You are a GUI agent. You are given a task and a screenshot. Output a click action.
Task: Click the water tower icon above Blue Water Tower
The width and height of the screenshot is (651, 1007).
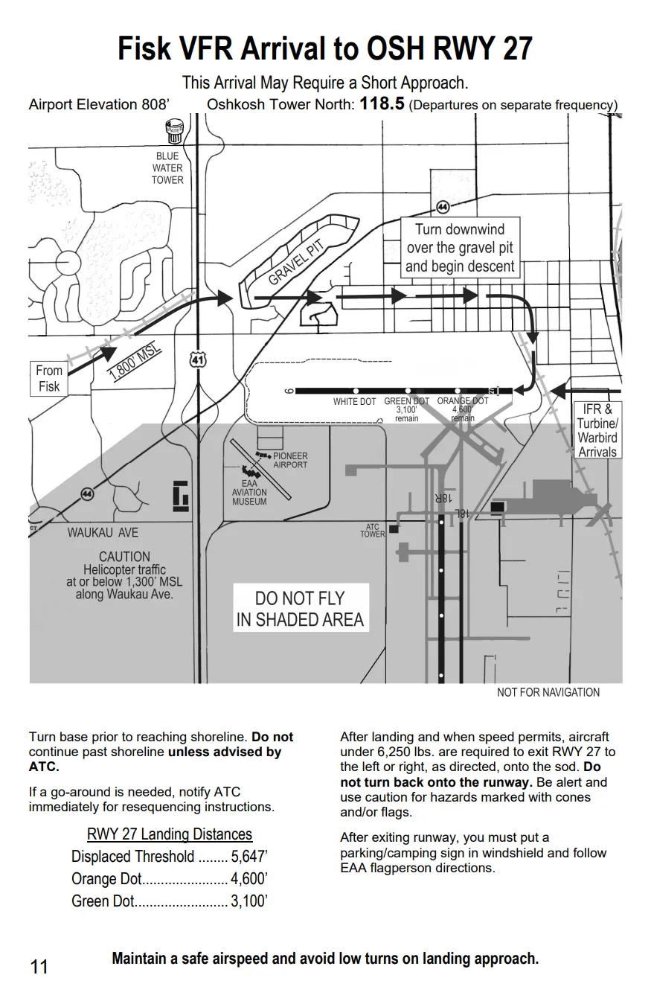(175, 131)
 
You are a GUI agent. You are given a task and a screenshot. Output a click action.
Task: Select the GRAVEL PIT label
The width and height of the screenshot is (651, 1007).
(296, 263)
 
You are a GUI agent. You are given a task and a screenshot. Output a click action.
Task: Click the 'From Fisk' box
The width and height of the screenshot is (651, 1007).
(49, 379)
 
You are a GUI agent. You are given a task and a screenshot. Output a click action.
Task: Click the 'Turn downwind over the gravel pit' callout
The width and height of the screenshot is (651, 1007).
(460, 248)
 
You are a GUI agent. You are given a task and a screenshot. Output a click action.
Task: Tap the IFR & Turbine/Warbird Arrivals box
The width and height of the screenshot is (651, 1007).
(597, 430)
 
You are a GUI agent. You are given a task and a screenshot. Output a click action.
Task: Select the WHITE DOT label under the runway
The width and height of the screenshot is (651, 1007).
(354, 402)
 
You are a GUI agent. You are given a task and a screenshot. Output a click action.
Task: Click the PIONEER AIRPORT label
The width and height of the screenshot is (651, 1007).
(290, 461)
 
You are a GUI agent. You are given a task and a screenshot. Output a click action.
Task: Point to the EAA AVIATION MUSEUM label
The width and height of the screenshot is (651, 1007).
(249, 492)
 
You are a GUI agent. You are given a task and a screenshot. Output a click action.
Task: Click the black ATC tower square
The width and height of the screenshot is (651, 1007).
(394, 529)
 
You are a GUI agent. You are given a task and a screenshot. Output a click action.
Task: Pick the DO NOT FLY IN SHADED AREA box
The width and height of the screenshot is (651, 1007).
(301, 608)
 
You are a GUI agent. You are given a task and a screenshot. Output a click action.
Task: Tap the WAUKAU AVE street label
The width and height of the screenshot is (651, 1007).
(103, 533)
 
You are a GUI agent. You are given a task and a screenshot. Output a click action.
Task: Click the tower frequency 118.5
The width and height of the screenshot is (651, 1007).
(382, 104)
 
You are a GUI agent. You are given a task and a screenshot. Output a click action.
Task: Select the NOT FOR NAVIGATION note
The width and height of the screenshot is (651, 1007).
(548, 692)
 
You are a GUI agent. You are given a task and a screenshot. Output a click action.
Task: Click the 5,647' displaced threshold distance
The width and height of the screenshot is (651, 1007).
(249, 857)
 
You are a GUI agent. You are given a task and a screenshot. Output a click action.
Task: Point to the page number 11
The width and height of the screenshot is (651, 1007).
(39, 967)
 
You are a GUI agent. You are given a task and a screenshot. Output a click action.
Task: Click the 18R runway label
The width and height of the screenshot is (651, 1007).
(443, 498)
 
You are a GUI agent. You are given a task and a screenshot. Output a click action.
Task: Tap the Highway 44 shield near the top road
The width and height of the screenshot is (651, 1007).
(443, 207)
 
